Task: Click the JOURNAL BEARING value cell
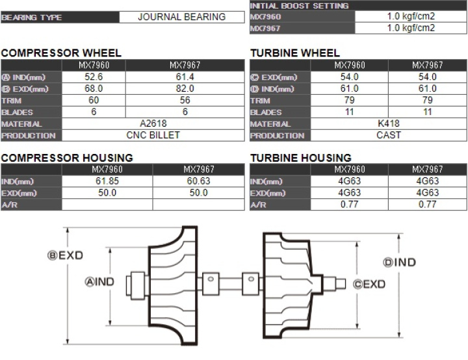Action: pos(181,17)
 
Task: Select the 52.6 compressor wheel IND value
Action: pos(94,77)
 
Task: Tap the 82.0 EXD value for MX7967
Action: pos(185,88)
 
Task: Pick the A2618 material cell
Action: pos(153,123)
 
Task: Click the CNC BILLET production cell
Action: pos(153,135)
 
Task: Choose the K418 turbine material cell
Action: pos(389,123)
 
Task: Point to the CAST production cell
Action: pos(389,135)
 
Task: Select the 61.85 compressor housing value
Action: pos(107,181)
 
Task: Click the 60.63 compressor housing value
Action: pos(198,181)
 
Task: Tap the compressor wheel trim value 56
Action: pos(185,100)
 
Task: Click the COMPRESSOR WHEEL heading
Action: pos(61,53)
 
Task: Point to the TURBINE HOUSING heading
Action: pos(301,158)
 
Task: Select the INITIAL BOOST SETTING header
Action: pos(299,6)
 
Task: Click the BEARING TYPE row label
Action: pos(32,18)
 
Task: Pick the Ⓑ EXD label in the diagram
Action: pos(66,255)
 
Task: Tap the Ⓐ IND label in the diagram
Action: pos(99,282)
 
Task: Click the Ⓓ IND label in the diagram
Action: pos(400,263)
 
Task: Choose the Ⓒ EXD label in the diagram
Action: pos(369,284)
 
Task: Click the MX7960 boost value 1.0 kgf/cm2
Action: pos(411,16)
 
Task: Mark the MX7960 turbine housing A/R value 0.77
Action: pos(350,205)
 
